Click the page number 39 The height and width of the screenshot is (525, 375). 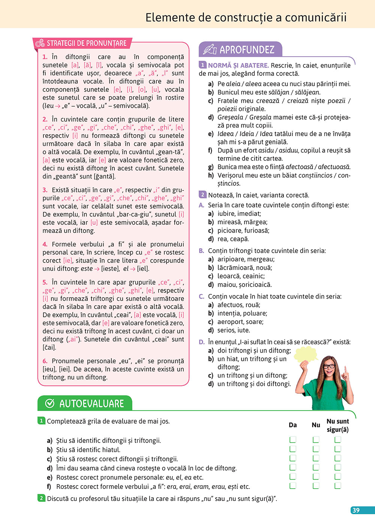tap(356, 510)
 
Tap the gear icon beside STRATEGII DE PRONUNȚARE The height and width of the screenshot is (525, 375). tap(40, 43)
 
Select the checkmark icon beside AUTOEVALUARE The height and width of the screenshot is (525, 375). tap(50, 403)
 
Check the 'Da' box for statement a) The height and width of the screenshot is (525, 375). tap(293, 439)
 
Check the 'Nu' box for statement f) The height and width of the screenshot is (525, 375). tap(316, 486)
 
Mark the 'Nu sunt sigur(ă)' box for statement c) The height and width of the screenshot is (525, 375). tap(338, 458)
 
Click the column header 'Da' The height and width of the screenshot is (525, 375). tap(293, 425)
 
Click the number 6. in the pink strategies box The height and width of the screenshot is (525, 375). tap(45, 361)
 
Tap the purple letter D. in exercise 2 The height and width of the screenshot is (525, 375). tap(202, 342)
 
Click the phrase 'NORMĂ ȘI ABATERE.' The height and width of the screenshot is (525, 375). tap(238, 65)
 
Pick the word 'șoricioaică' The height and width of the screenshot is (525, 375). tap(255, 285)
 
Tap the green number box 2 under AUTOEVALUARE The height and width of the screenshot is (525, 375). tap(41, 498)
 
